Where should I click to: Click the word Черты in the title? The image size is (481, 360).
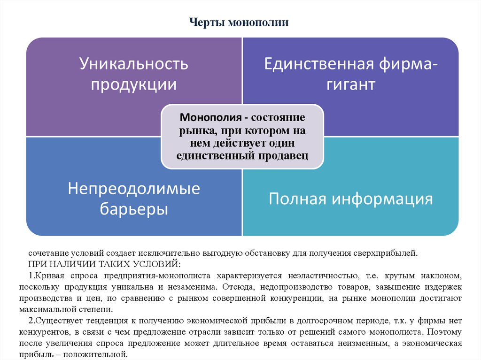pyautogui.click(x=208, y=22)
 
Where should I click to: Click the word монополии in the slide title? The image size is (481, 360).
pyautogui.click(x=258, y=22)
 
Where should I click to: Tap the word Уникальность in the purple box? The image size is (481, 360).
pyautogui.click(x=133, y=64)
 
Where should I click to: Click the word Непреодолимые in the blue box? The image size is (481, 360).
pyautogui.click(x=134, y=188)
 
